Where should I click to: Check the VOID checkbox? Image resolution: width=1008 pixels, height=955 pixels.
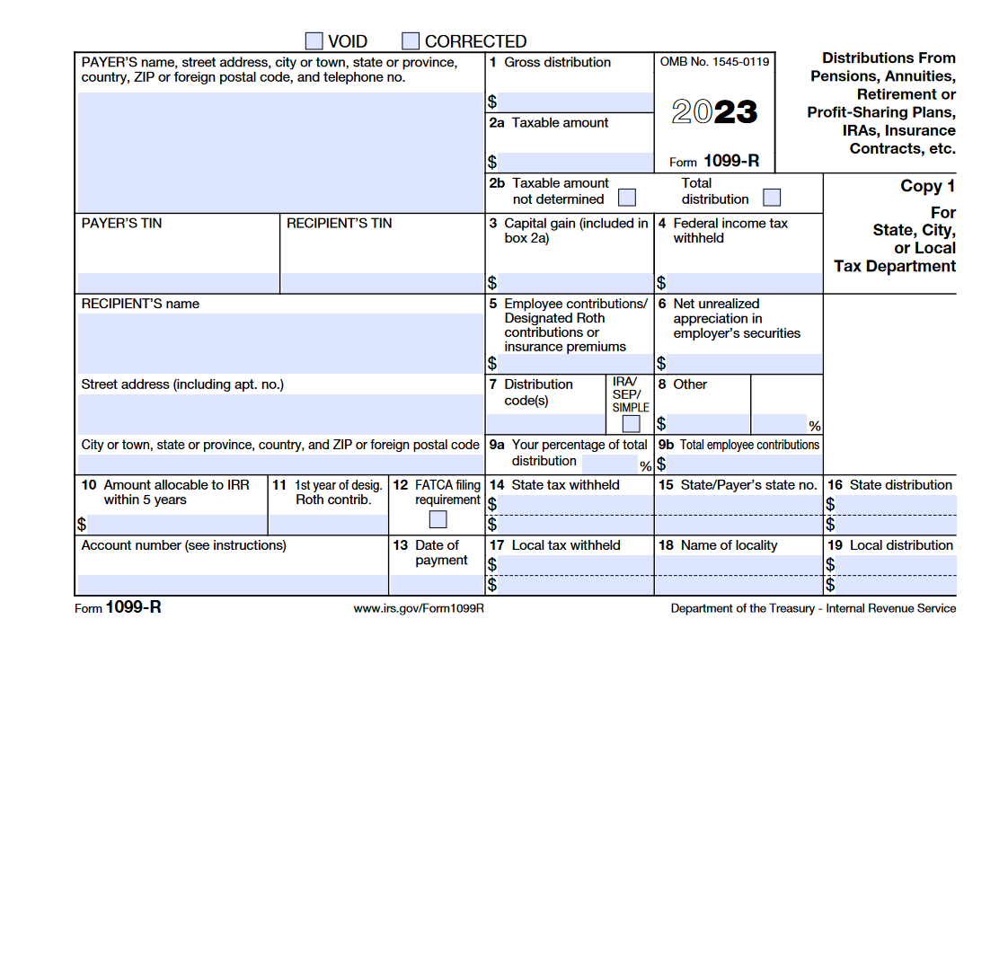coord(314,41)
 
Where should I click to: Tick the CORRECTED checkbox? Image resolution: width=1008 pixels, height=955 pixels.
coord(411,41)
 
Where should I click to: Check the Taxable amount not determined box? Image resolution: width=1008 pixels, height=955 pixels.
coord(627,198)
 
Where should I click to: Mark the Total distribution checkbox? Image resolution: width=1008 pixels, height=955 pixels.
coord(772,198)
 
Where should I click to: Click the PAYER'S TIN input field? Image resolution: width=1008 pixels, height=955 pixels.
coord(178,283)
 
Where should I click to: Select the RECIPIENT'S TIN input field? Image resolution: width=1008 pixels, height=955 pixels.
coord(383,283)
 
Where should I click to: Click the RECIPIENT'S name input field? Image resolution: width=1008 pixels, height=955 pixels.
coord(280,343)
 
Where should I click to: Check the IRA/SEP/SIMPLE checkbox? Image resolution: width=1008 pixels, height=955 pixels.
coord(632,424)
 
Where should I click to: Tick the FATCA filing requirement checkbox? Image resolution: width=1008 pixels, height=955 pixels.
coord(438,519)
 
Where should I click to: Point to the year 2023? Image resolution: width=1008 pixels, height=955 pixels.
coord(714,112)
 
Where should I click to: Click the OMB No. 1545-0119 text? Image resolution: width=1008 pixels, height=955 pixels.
coord(714,62)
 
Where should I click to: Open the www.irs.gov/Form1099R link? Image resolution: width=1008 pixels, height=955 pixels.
coord(419,608)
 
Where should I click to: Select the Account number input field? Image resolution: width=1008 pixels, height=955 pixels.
coord(232,584)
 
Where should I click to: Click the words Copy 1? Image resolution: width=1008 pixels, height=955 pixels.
coord(927,186)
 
